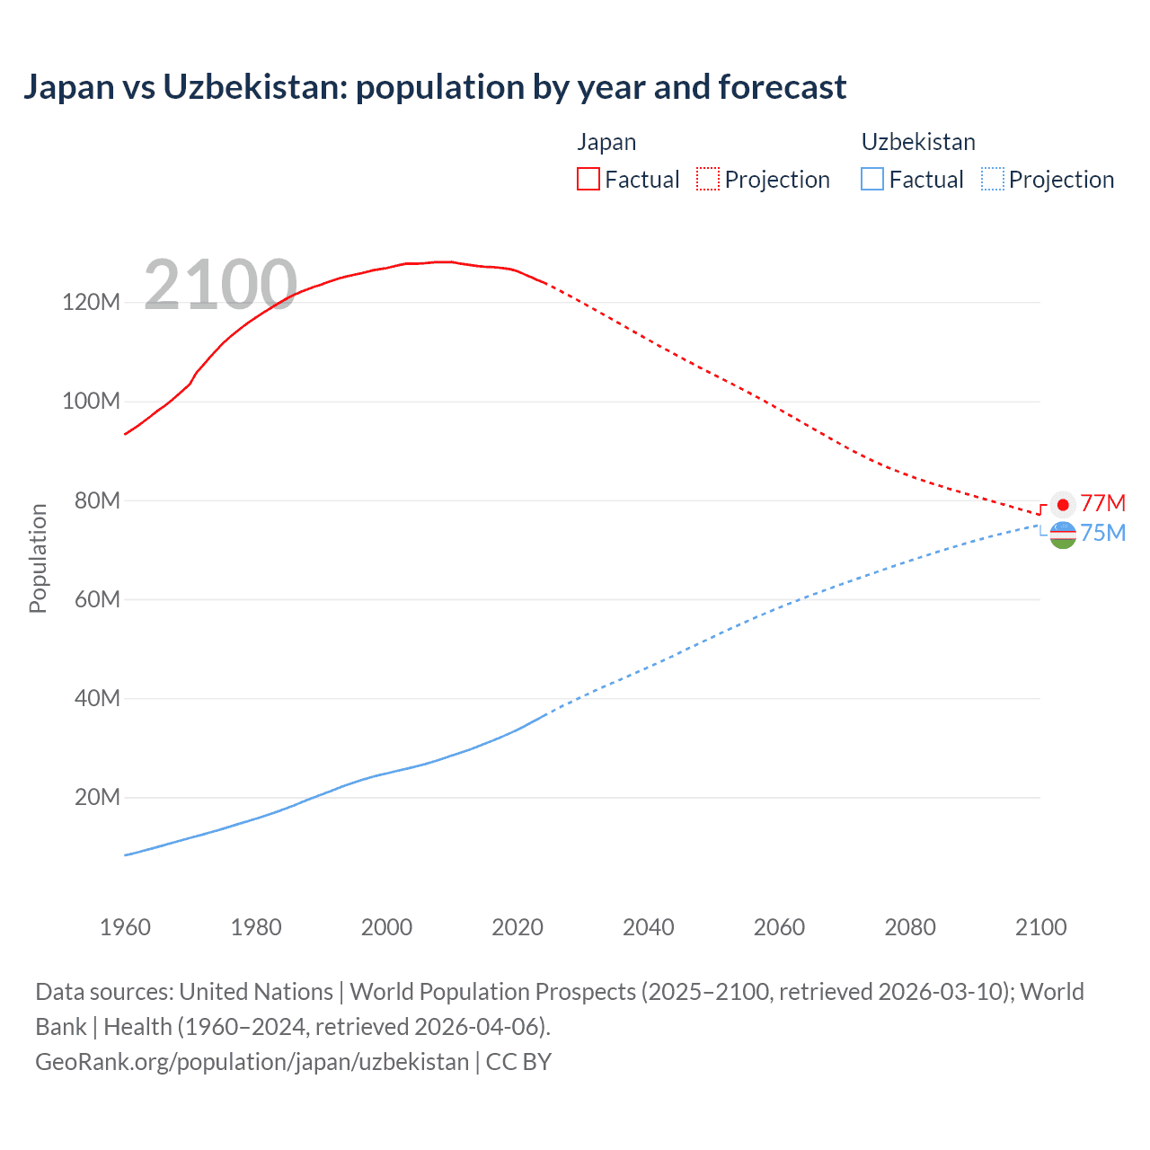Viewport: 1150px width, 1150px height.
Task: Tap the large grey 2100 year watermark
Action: coord(220,285)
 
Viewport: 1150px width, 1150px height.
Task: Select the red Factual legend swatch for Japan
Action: coord(588,179)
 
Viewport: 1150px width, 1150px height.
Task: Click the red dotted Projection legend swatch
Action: coord(708,179)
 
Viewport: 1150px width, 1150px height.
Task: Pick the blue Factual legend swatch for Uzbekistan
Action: coord(871,179)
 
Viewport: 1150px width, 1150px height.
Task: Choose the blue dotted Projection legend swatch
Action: coord(993,179)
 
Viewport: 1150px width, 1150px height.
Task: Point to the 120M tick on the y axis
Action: coord(91,302)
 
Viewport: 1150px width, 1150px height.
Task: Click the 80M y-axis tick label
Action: coord(96,500)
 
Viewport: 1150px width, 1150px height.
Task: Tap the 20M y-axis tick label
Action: coord(96,797)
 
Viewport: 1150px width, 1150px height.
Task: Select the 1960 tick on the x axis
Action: coord(125,927)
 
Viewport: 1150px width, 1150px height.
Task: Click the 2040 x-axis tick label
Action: coord(648,927)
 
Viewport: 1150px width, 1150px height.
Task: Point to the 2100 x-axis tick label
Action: coord(1040,927)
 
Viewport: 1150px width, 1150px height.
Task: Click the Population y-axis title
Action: coord(38,558)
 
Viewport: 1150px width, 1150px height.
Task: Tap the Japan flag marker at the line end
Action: coord(1063,505)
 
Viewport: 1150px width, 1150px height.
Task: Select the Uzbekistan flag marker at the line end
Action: coord(1063,535)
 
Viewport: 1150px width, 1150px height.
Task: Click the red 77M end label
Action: coord(1102,503)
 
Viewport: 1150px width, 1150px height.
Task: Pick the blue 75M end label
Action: coord(1102,533)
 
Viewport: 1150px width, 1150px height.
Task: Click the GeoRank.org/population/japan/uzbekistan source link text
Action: coord(252,1062)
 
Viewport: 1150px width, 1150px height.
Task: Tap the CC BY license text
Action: coord(518,1062)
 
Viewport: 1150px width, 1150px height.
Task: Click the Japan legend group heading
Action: coord(606,142)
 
